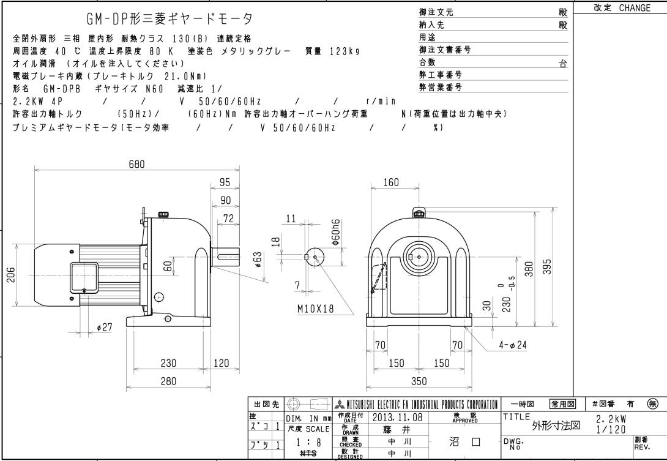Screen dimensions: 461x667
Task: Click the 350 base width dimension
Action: tap(418, 381)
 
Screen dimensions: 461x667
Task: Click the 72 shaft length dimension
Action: tap(228, 219)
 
